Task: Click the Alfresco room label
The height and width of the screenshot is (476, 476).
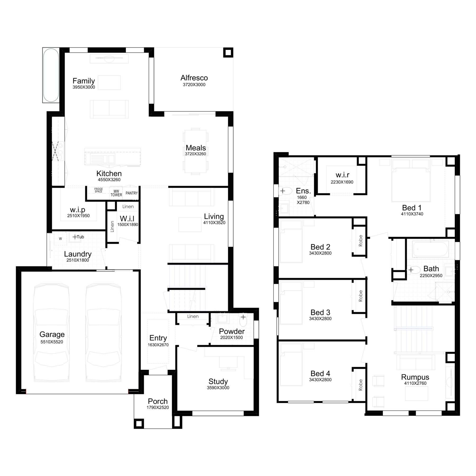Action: point(194,78)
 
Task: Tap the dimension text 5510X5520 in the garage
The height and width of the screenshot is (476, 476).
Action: point(52,342)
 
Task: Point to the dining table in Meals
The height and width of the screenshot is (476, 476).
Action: point(195,151)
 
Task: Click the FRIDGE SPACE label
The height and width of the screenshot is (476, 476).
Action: point(98,190)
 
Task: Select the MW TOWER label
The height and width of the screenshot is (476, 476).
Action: point(116,193)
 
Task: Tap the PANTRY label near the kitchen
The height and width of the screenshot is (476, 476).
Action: point(132,193)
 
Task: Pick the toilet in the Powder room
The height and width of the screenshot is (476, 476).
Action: point(243,321)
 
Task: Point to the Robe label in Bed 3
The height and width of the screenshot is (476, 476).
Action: point(360,296)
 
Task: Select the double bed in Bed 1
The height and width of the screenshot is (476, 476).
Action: point(411,182)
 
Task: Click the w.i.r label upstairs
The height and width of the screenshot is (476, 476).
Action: point(342,175)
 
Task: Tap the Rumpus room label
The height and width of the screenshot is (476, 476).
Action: point(415,377)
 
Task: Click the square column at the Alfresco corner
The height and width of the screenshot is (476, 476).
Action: point(228,53)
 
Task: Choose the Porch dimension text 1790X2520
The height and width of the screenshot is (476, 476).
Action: point(158,408)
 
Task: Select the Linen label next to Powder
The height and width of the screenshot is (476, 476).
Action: point(193,316)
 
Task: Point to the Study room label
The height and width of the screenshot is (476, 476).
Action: point(218,381)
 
